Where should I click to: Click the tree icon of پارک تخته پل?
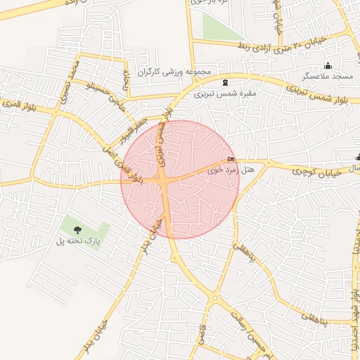[77, 230]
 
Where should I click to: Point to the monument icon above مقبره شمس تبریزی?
[225, 83]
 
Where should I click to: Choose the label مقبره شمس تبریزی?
[226, 93]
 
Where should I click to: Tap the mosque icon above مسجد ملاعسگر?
[328, 66]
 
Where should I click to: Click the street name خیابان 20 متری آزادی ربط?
[281, 47]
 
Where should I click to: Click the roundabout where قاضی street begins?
[214, 298]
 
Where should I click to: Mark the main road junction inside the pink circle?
[164, 181]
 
